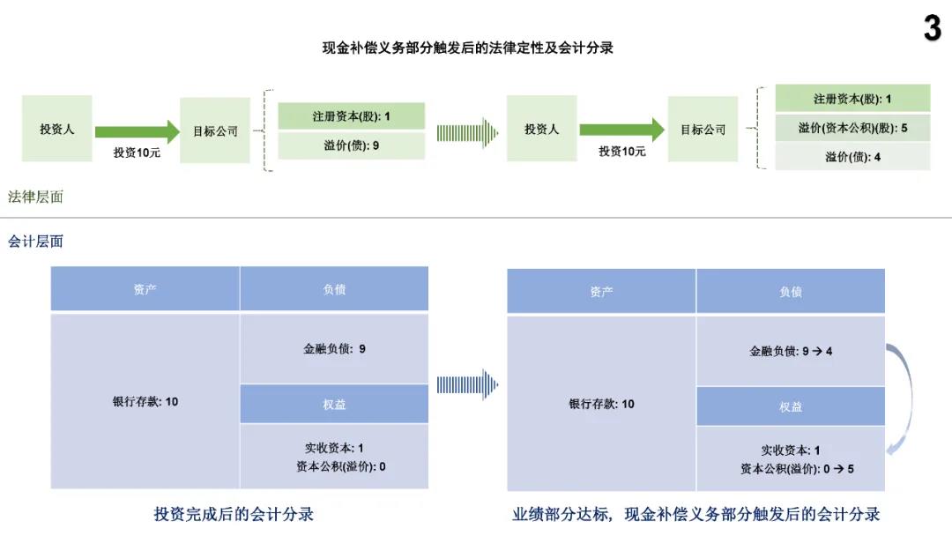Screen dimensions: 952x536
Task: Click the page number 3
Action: [x=933, y=28]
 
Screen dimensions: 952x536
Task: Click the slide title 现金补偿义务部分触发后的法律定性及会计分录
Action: [x=467, y=48]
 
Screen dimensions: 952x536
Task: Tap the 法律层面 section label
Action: [x=35, y=197]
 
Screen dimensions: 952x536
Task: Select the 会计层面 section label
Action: [x=35, y=242]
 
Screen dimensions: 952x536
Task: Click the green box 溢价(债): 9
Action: [x=352, y=145]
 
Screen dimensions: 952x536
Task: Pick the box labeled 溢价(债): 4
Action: [x=852, y=157]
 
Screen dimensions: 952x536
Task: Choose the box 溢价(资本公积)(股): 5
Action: [x=852, y=128]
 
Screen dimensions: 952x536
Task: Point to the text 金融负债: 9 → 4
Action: [x=791, y=351]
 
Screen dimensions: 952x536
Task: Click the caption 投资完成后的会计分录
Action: [x=234, y=514]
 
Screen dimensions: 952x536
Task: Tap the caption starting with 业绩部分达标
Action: [x=695, y=514]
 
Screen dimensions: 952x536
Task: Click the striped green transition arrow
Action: [x=467, y=133]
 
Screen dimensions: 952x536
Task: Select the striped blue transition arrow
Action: [x=467, y=384]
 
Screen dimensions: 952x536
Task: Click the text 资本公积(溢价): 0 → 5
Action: [x=797, y=469]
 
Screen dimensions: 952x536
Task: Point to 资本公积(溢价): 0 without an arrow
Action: [x=340, y=466]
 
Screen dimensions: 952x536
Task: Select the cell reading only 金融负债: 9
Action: [x=334, y=348]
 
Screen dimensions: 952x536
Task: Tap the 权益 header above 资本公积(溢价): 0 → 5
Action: [x=791, y=406]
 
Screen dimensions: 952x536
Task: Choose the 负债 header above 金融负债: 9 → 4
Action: [x=791, y=292]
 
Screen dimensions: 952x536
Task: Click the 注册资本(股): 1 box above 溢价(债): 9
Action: [x=352, y=116]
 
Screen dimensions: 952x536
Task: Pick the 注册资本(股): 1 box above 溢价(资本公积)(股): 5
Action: [x=852, y=99]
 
